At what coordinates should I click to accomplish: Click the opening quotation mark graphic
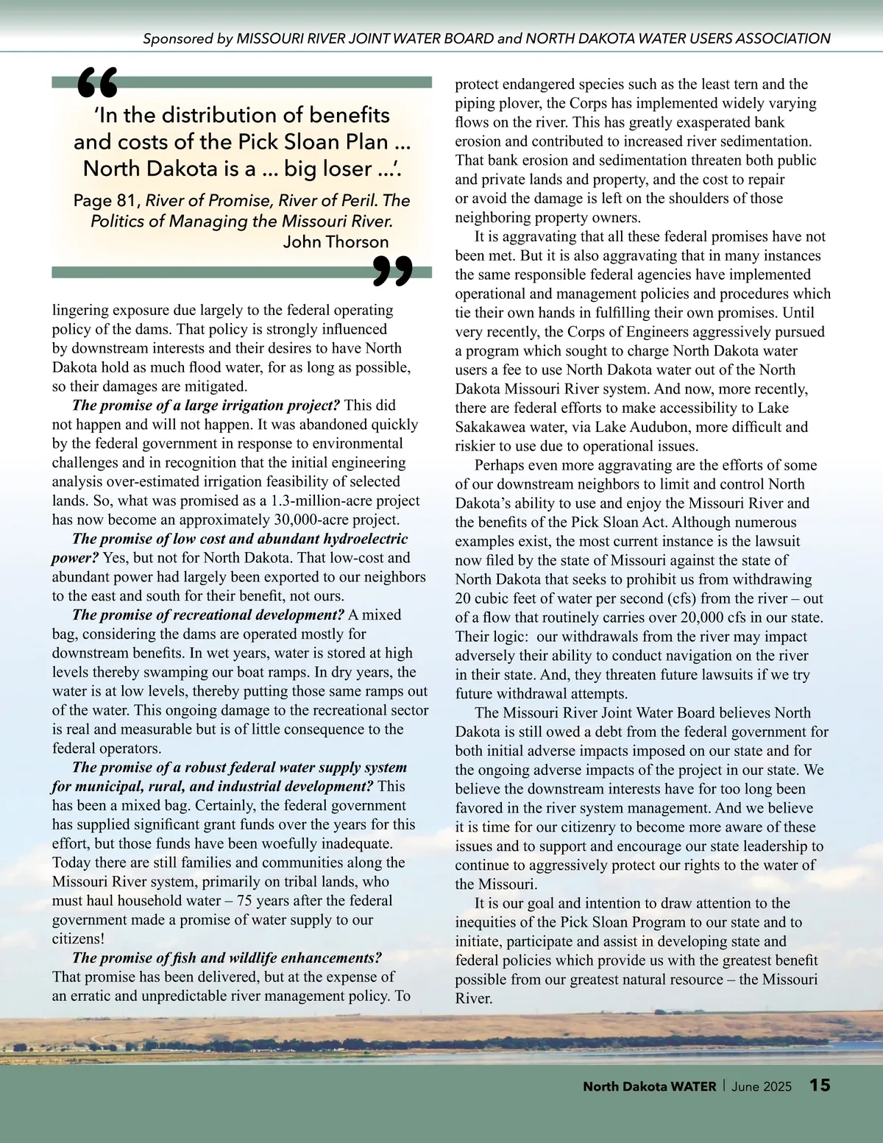pyautogui.click(x=97, y=82)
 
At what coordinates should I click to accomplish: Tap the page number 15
pyautogui.click(x=820, y=1085)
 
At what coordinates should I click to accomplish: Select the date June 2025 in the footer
pyautogui.click(x=762, y=1086)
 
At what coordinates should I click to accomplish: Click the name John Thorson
pyautogui.click(x=336, y=241)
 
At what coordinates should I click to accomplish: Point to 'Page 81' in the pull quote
pyautogui.click(x=103, y=200)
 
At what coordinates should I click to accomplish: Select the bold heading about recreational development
pyautogui.click(x=208, y=615)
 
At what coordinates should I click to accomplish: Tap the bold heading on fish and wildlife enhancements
pyautogui.click(x=227, y=958)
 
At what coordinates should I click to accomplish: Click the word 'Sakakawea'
pyautogui.click(x=489, y=427)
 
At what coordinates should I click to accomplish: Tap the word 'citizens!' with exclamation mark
pyautogui.click(x=78, y=939)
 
